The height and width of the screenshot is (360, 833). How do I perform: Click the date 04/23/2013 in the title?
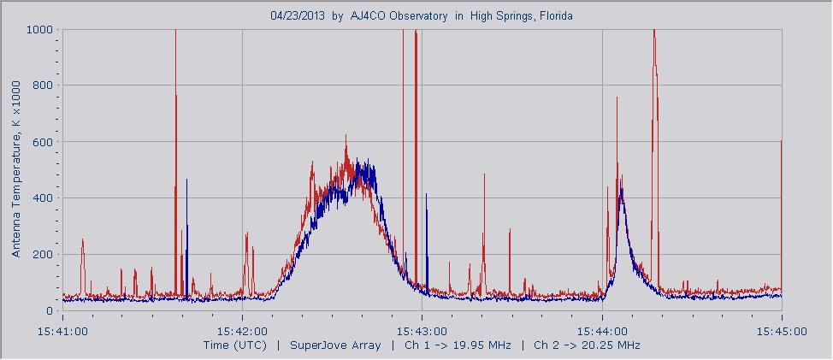(x=298, y=15)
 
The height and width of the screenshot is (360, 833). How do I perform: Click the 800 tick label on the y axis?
(x=43, y=86)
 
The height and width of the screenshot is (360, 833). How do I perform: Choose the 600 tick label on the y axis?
(x=43, y=142)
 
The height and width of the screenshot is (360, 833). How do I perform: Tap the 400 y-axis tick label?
(x=43, y=198)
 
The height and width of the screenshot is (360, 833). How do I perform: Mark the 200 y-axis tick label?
(x=43, y=255)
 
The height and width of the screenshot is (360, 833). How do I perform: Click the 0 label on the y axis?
(x=49, y=311)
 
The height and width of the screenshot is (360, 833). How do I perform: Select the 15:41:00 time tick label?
(x=62, y=330)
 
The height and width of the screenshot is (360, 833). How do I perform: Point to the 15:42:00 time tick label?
(x=242, y=330)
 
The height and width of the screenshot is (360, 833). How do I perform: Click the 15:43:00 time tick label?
(x=422, y=330)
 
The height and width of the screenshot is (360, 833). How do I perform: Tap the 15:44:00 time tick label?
(x=602, y=330)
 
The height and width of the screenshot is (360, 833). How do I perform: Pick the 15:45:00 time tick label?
(x=782, y=330)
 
